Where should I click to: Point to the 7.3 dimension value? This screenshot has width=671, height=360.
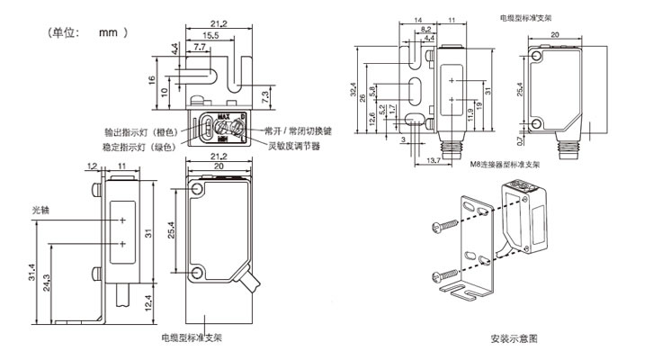coord(267,95)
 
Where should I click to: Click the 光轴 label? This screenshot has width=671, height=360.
coord(42,210)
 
